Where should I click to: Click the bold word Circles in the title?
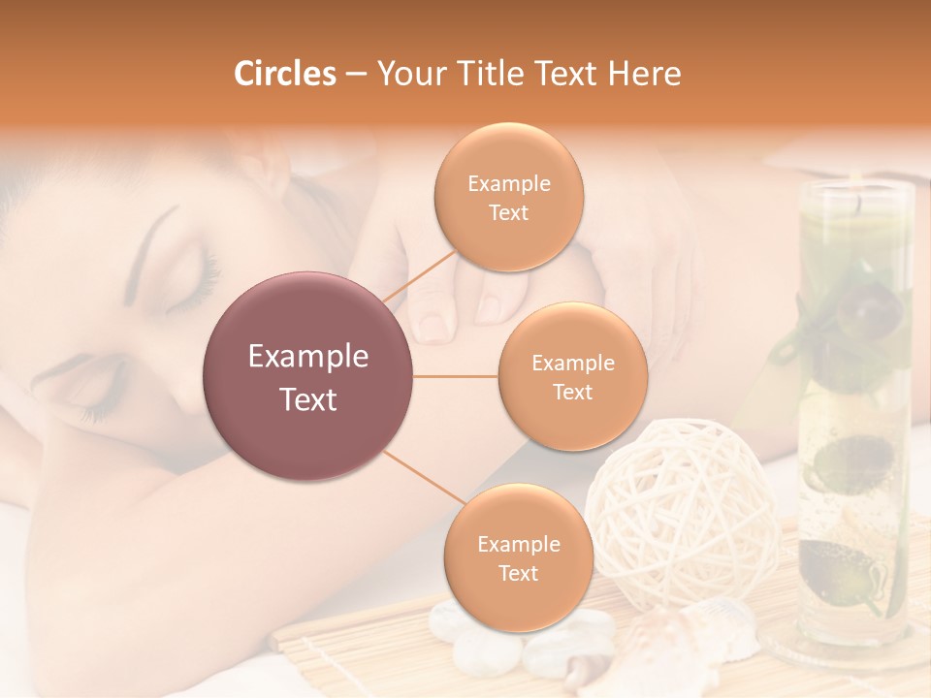[x=285, y=74]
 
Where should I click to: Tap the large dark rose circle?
[x=308, y=376]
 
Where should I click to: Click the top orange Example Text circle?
[x=509, y=197]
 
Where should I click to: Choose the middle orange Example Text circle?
[x=572, y=376]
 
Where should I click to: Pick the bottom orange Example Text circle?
[x=518, y=557]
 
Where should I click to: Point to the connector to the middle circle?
[x=456, y=376]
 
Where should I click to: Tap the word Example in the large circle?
[x=308, y=357]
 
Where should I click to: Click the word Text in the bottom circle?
[x=518, y=573]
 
